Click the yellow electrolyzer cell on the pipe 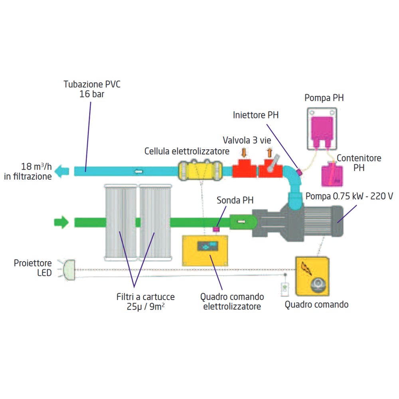coord(200,170)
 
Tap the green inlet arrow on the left coord(61,222)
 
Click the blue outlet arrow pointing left coord(62,171)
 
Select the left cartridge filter coord(120,222)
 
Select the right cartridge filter coord(155,222)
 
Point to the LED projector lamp coord(69,270)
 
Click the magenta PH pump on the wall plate coord(322,131)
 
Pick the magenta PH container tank coord(332,176)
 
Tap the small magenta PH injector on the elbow coord(300,172)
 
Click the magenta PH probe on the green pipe coord(216,229)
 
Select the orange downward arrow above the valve coord(244,152)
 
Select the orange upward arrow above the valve coord(269,153)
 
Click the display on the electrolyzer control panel coord(207,246)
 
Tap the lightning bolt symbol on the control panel coord(306,269)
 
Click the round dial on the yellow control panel coord(318,285)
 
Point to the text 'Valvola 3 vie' coord(247,140)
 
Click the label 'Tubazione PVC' coord(92,84)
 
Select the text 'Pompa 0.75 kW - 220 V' coord(349,196)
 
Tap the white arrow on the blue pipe coord(138,172)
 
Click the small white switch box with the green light coord(285,289)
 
